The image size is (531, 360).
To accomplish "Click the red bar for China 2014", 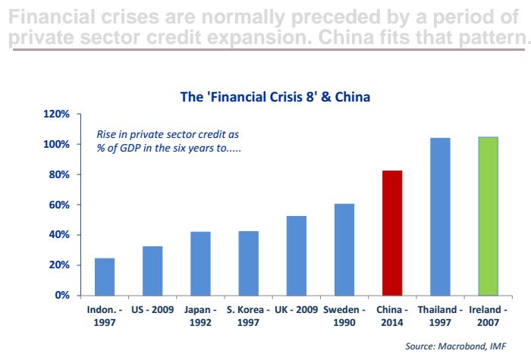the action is pos(392,233).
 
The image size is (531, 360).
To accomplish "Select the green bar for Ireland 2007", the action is pos(488,217).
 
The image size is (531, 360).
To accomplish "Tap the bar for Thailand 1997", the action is pos(440,217).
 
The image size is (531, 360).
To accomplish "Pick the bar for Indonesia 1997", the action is pos(105,277).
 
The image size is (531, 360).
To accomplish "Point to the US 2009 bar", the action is pos(152,271).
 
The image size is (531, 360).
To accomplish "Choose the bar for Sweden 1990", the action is pos(344,249).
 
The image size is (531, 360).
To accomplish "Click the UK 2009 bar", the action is pos(297,256).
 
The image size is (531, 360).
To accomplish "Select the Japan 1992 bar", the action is pos(200,264).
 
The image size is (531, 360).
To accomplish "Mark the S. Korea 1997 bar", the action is pos(249,264).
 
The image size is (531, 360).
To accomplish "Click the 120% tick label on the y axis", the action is pos(56,114).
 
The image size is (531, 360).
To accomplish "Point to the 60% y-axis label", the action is pos(59,205).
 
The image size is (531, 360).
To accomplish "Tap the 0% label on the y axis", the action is pos(62,295).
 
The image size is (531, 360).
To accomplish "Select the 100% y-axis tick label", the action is pos(56,144).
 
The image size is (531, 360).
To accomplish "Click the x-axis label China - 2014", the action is pos(392,316).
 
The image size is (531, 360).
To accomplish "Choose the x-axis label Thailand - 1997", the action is pos(440,316).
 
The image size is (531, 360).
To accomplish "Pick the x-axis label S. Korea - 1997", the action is pos(248,316).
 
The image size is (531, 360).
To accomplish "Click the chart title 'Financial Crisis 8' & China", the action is pos(275,97).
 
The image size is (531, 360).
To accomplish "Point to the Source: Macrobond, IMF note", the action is pos(455,346).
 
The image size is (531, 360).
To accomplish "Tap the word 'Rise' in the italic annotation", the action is pos(105,134).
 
